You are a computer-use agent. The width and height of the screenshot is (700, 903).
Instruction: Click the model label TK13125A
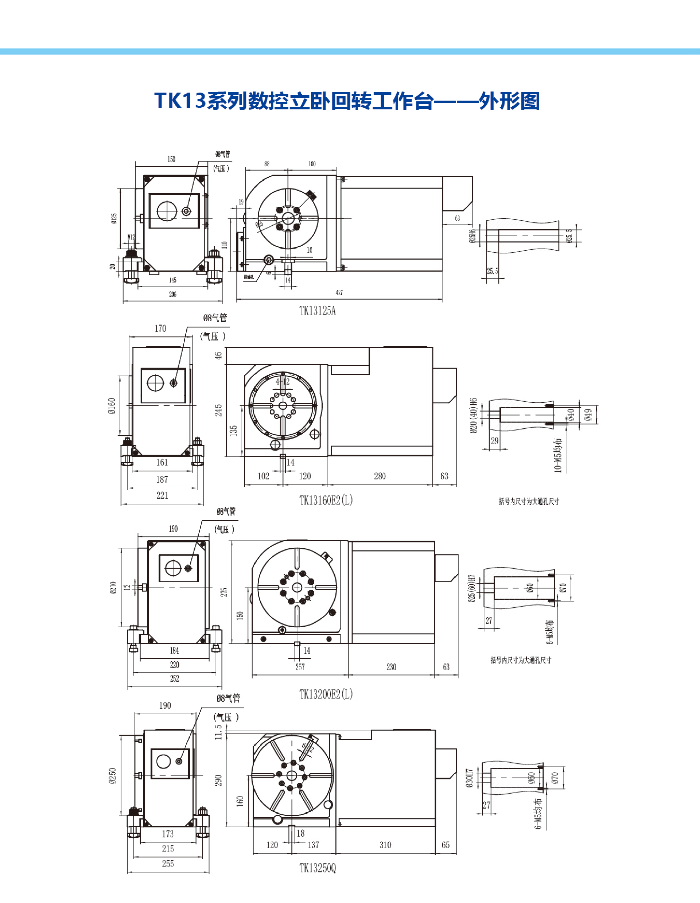317,311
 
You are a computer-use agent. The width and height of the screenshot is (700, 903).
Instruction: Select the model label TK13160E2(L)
326,500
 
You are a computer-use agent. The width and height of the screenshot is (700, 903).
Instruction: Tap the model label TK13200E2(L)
326,694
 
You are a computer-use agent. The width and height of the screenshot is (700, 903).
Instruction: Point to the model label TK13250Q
317,868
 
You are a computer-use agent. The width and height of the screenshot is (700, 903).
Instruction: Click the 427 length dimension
339,293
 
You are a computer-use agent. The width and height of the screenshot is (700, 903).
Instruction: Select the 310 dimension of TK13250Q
385,845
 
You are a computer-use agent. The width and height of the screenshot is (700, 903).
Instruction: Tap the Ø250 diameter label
112,776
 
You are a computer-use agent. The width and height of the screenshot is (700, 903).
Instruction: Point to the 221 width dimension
162,495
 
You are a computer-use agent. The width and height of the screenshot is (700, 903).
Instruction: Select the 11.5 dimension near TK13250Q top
218,732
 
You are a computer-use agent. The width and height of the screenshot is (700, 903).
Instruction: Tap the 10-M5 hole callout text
558,455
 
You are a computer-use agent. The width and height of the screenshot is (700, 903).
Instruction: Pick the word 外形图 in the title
509,101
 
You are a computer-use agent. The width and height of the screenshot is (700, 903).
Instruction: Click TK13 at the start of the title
180,101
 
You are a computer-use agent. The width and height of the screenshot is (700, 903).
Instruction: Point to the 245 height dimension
218,410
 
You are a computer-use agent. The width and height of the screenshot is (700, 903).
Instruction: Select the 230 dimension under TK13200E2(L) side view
391,667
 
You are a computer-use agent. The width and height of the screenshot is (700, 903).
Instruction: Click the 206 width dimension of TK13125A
172,295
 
